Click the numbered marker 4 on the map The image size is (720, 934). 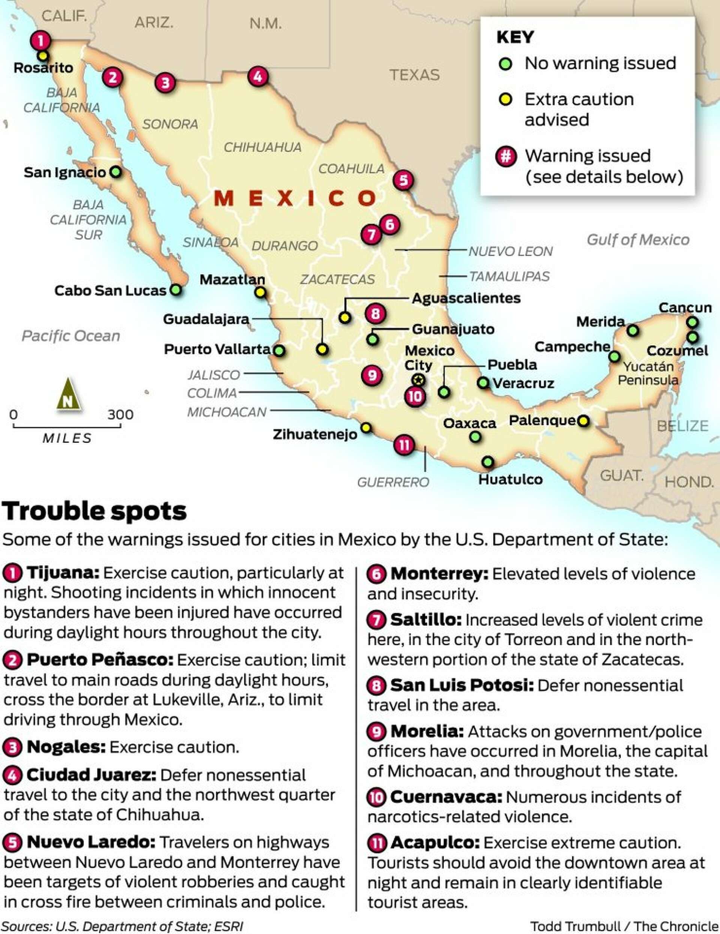(x=258, y=76)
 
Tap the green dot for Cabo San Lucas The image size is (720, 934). (x=175, y=290)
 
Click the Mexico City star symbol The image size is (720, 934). (x=418, y=380)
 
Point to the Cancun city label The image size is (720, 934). (x=684, y=307)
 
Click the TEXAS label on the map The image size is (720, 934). (x=414, y=75)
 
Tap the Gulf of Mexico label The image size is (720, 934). (x=638, y=240)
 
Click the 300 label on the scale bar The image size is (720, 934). (x=120, y=414)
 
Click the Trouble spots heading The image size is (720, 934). (x=94, y=511)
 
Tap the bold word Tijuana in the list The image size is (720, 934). (x=63, y=573)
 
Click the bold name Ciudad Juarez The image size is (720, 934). (x=91, y=775)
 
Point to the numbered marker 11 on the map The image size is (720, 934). (x=404, y=445)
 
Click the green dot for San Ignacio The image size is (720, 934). (x=115, y=172)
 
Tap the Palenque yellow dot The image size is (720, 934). (x=583, y=421)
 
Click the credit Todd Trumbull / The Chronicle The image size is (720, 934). (x=624, y=926)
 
